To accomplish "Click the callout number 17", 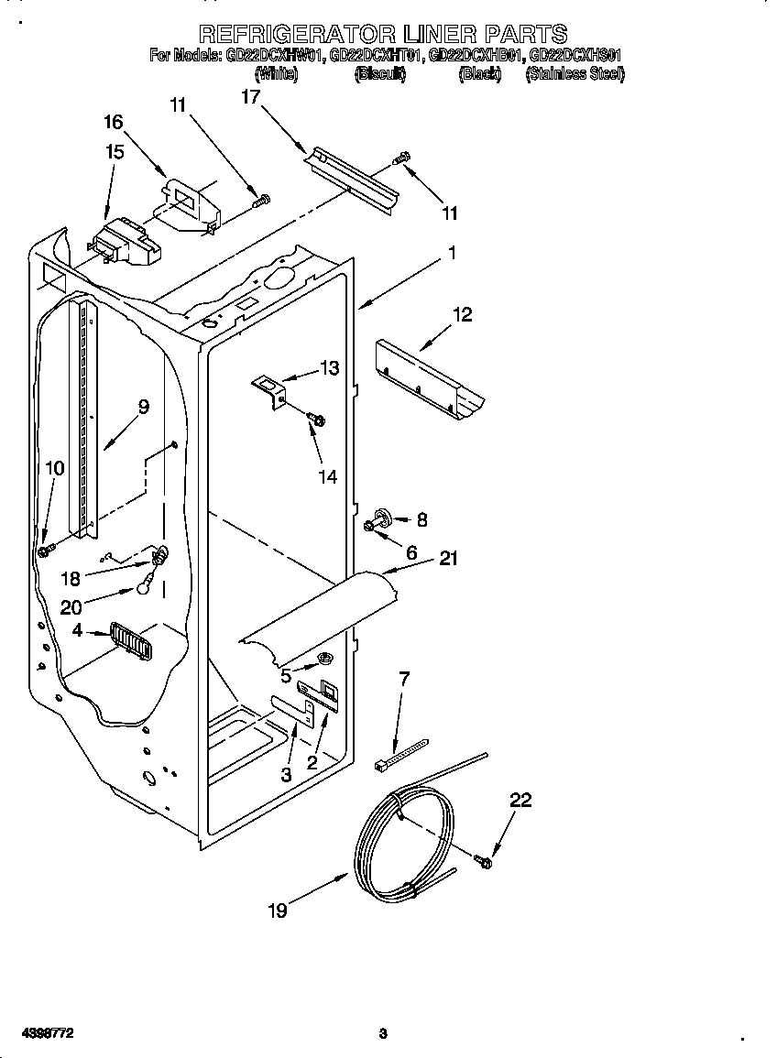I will coord(251,96).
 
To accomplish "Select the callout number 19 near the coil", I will coord(278,910).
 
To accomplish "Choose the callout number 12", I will coord(462,314).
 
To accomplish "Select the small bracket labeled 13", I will coord(271,388).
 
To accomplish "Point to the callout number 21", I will coord(448,558).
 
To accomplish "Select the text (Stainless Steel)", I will coord(575,74).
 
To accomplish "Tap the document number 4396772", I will coord(39,1033).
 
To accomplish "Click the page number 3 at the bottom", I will coord(383,1033).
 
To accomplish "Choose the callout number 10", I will coord(55,468).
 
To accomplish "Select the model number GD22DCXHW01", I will coord(272,55).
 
